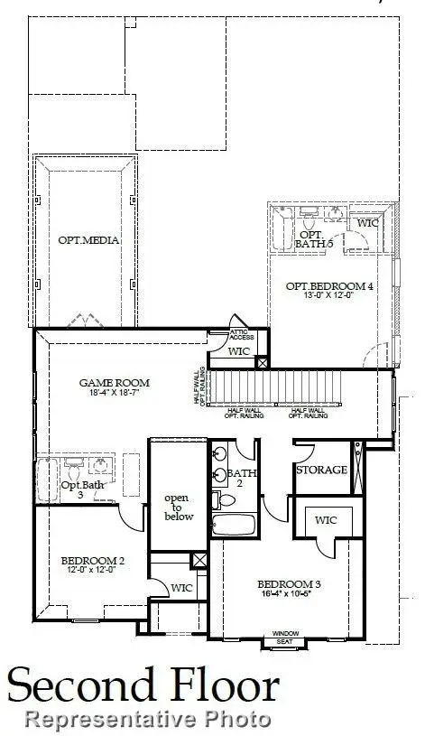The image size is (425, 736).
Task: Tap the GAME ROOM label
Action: [114, 383]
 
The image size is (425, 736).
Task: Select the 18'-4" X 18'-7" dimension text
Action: [114, 395]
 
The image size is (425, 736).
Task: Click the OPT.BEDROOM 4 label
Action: [329, 286]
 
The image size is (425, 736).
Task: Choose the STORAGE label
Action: [322, 470]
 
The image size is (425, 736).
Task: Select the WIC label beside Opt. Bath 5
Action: [367, 222]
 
